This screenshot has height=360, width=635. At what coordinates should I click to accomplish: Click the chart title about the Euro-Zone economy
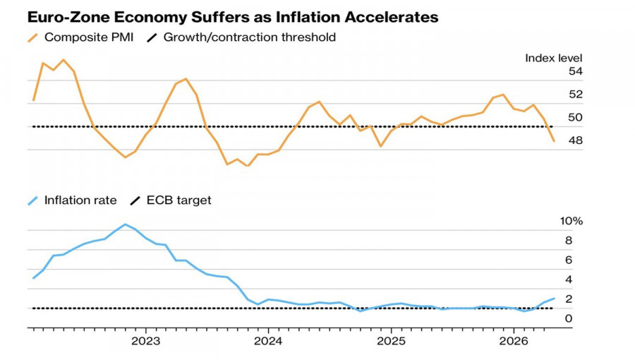(x=233, y=17)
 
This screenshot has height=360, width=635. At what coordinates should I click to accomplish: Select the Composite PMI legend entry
(x=80, y=37)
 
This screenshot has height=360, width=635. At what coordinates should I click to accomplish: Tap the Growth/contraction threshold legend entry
(x=241, y=37)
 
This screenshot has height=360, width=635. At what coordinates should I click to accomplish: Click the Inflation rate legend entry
(x=72, y=200)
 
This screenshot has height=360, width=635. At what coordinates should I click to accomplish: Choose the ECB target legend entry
(x=171, y=200)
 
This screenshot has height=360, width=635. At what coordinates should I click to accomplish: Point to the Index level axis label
(x=554, y=59)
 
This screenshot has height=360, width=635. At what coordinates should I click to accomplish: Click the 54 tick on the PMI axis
(x=576, y=71)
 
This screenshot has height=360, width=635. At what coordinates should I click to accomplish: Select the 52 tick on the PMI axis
(x=576, y=95)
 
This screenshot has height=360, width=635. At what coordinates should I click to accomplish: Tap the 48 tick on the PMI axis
(x=576, y=140)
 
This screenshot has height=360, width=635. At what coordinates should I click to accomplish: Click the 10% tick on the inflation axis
(x=571, y=221)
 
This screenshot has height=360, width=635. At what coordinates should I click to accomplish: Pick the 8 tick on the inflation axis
(x=569, y=241)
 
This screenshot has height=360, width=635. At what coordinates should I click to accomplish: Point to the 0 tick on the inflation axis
(x=569, y=318)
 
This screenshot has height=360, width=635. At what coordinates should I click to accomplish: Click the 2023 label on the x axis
(x=146, y=342)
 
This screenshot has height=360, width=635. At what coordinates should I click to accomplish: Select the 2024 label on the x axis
(x=268, y=342)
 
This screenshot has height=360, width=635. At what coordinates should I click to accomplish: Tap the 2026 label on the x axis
(x=514, y=342)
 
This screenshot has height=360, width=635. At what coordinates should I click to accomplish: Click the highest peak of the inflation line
(x=125, y=224)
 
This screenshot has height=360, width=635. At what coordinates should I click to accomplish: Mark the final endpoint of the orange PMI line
(x=554, y=141)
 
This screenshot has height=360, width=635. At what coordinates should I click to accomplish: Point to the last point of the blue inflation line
(x=554, y=299)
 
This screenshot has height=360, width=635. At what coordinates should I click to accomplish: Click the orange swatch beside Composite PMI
(x=32, y=37)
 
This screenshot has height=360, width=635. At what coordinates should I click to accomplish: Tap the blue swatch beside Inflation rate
(x=32, y=200)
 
